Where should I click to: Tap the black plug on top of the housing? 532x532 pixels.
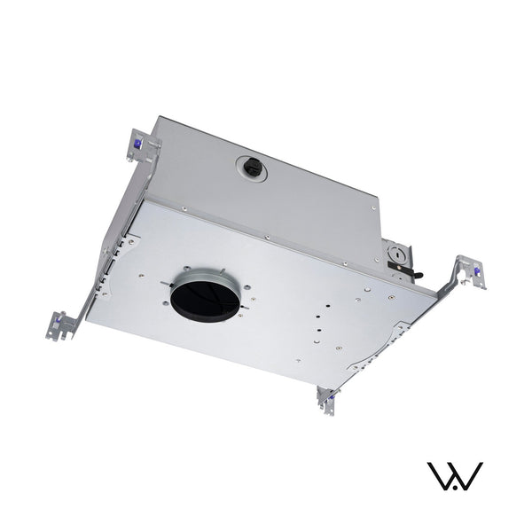coord(251,166)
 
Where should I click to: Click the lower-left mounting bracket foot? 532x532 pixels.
coord(61,325)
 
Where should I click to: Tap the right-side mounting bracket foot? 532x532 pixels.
coord(470,271)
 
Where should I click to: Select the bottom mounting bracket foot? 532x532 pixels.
coord(326,400)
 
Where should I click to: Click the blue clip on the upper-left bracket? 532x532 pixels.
coord(137,140)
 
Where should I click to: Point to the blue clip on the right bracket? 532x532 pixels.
coord(477,270)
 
